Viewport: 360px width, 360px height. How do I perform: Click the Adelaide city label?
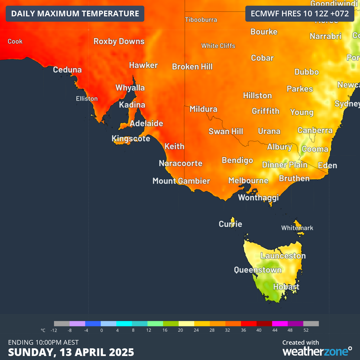point(146,123)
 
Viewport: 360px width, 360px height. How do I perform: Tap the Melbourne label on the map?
point(248,181)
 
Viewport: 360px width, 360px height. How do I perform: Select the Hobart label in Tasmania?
point(286,287)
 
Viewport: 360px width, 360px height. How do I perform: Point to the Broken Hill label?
point(192,67)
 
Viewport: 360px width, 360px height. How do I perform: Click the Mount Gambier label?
point(181,181)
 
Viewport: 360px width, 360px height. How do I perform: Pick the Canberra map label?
point(315,130)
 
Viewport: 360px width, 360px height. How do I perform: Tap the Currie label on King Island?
point(230,224)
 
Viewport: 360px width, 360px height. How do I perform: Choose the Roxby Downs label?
point(119,41)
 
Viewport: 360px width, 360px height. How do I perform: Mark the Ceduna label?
point(67,70)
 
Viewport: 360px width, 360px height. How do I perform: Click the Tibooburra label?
point(201,20)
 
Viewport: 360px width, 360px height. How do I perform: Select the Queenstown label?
point(258,270)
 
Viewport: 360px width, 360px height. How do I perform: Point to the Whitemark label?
point(297,228)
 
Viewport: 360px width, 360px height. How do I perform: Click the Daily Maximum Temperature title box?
point(75,14)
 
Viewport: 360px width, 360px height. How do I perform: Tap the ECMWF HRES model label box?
point(300,14)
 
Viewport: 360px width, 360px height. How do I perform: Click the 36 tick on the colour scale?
point(241,330)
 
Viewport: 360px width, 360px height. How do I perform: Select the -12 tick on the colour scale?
point(54,330)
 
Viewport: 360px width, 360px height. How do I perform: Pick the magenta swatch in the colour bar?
point(280,324)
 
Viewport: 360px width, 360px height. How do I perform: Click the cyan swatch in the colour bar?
point(124,324)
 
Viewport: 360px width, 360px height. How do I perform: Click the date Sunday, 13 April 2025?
point(71,352)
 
